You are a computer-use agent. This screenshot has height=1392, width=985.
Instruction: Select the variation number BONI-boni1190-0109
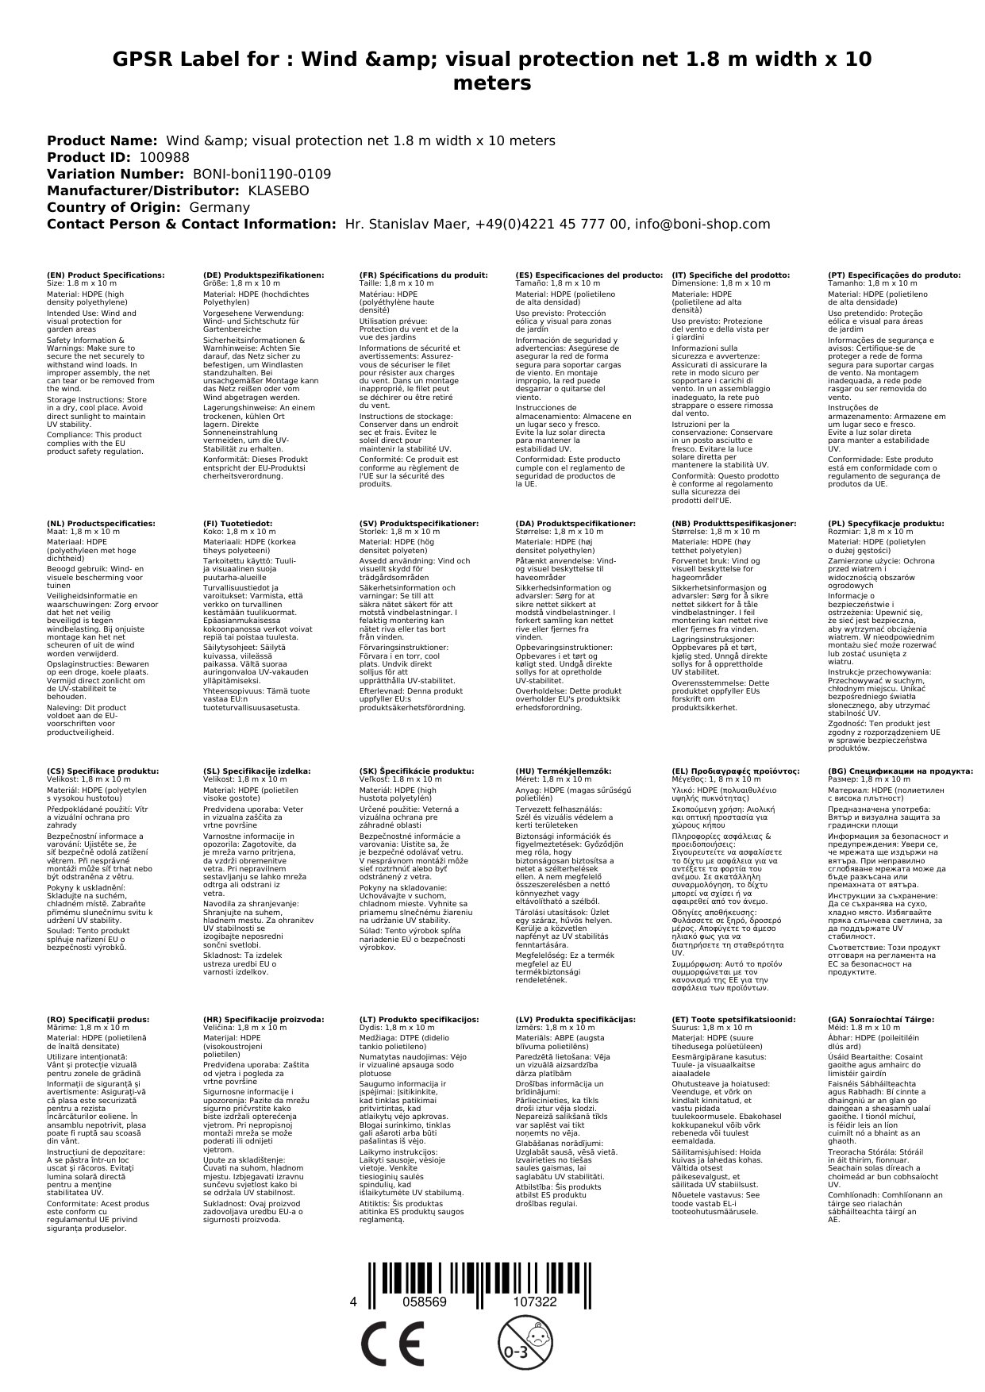tap(262, 174)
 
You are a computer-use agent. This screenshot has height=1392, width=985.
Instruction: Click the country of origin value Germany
tap(219, 207)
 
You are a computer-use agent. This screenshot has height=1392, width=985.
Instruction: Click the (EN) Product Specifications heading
tap(106, 275)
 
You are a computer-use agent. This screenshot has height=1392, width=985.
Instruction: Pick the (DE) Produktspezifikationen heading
tap(264, 275)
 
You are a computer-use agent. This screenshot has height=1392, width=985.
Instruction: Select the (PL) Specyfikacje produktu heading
tap(886, 524)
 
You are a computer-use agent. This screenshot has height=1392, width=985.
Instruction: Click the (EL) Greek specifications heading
tap(736, 771)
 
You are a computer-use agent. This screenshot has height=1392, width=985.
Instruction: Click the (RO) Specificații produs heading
tap(98, 1019)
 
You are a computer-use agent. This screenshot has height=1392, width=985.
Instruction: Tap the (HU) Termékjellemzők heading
tap(564, 771)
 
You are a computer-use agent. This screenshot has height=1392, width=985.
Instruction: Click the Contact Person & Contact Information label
tap(191, 224)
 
